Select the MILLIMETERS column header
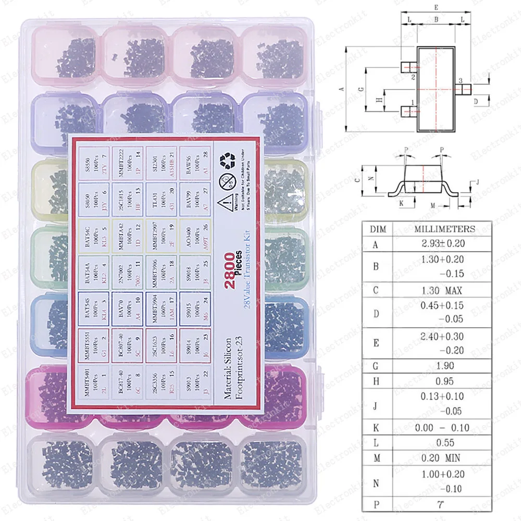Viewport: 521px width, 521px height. (444, 228)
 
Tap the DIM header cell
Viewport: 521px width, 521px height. (377, 228)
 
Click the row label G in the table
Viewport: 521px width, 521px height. (377, 366)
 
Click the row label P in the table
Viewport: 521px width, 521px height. (377, 504)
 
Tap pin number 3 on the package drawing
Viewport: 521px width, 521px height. (461, 81)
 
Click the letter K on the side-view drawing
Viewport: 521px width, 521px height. (402, 203)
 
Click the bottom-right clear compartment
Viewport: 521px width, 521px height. (272, 463)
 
